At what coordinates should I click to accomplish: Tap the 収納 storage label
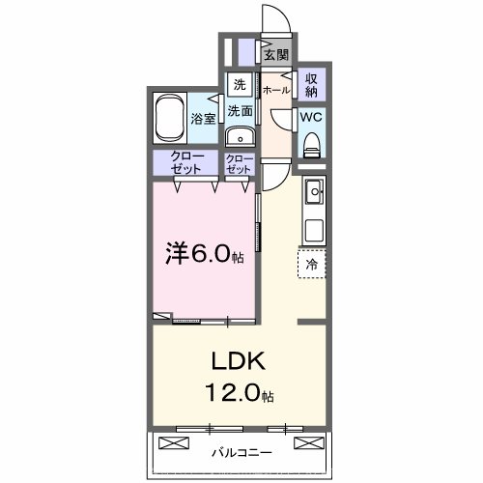(x=312, y=85)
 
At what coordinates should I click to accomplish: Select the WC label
(x=311, y=116)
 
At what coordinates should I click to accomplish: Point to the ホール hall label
(x=275, y=90)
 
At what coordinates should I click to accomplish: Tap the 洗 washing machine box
(x=240, y=83)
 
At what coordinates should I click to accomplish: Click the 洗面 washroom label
(x=240, y=111)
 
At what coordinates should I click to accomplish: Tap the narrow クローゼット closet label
(x=239, y=163)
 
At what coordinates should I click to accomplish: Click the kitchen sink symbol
(x=314, y=196)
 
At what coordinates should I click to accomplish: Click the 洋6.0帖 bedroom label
(x=203, y=255)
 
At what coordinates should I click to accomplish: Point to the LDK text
(x=238, y=363)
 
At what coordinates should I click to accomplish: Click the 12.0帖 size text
(x=238, y=395)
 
